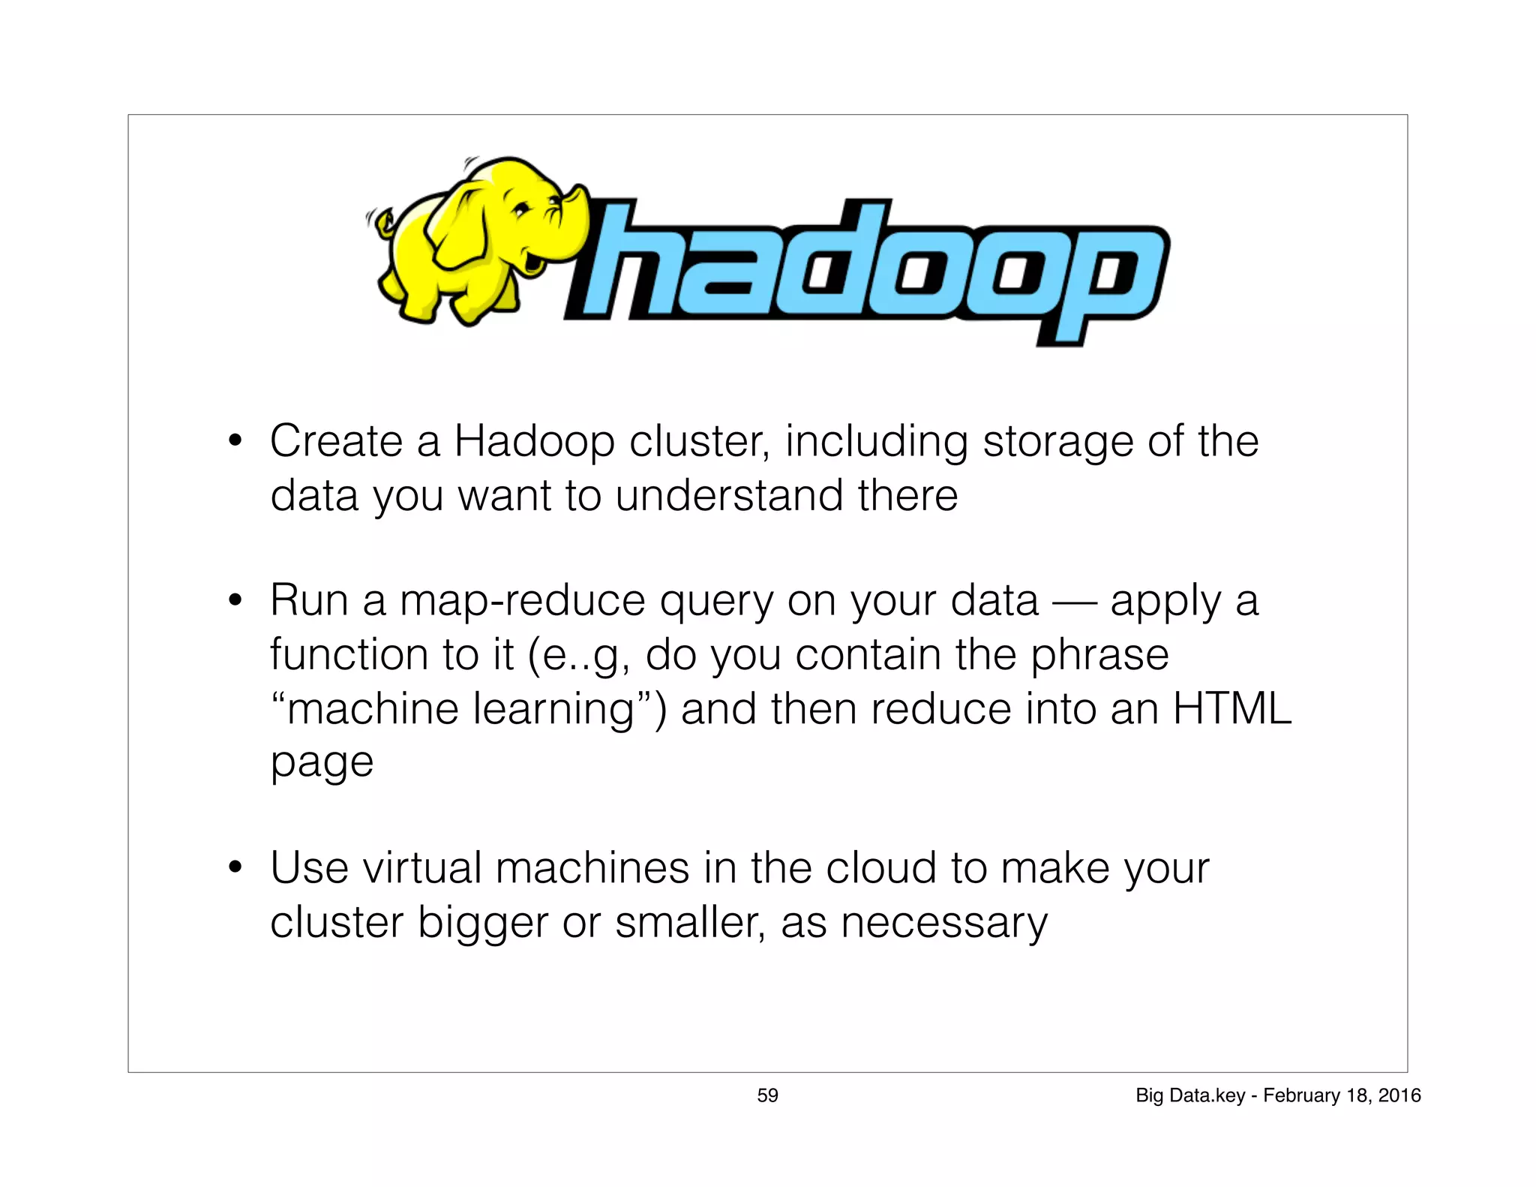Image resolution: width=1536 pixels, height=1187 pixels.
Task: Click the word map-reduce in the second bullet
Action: (x=522, y=601)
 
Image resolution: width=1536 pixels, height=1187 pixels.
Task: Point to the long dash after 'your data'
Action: (x=1074, y=602)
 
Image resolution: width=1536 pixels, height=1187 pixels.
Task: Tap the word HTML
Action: (x=1231, y=708)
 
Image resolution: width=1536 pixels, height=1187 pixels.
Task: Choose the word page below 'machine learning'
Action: (x=322, y=764)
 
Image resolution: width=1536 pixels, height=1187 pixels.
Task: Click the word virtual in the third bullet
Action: (x=421, y=868)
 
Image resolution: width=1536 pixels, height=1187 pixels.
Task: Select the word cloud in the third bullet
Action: (x=880, y=868)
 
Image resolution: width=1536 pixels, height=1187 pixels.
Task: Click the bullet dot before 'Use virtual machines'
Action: (x=235, y=868)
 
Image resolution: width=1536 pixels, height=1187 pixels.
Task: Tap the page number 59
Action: (x=767, y=1095)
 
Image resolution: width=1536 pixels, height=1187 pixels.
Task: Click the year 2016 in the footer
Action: (x=1399, y=1095)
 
